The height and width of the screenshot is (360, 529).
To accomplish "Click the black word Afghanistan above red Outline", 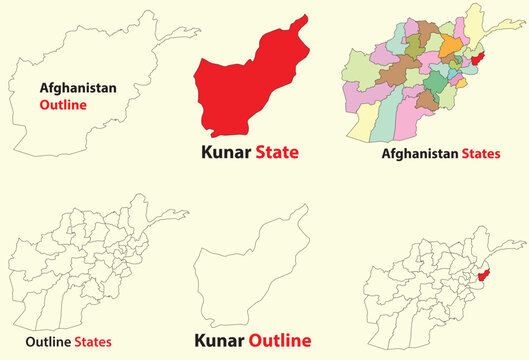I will [x=71, y=88].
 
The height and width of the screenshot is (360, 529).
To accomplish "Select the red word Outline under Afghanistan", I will [x=64, y=103].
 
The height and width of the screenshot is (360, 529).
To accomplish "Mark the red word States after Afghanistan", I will [x=481, y=154].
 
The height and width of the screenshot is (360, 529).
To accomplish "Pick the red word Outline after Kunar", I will [x=279, y=339].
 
